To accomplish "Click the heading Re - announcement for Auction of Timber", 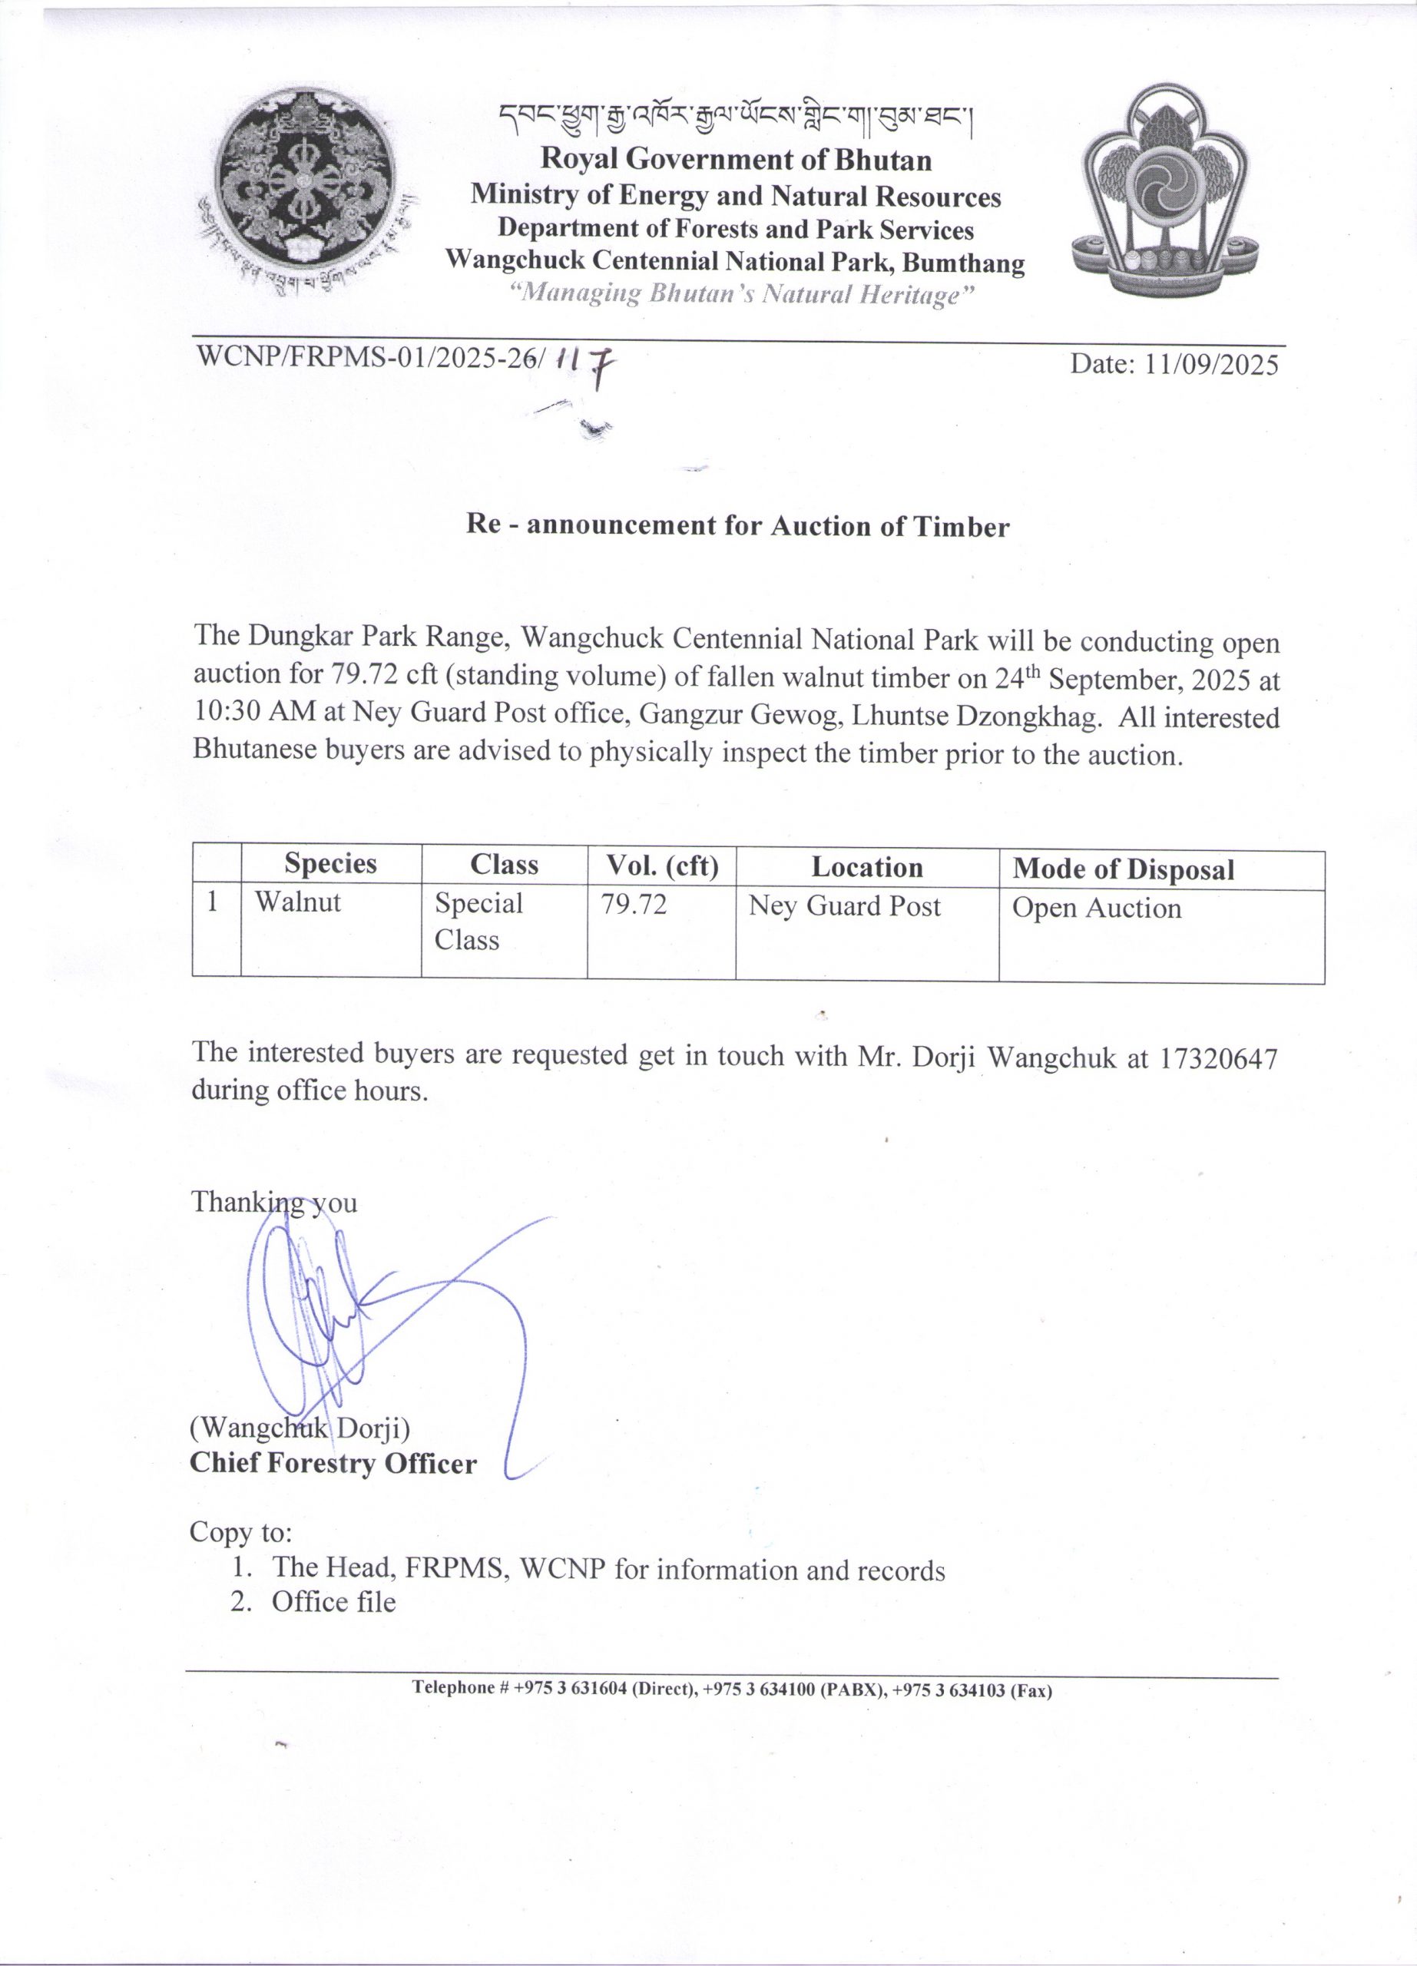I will point(737,526).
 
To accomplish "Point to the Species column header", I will point(330,863).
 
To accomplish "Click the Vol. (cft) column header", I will point(662,865).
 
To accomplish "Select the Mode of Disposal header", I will point(1123,869).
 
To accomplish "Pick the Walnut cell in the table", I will point(297,902).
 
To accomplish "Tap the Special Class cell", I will point(478,921).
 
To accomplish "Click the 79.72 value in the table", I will point(634,904).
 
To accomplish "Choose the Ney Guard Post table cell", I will point(844,906).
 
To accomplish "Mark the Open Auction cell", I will point(1096,908).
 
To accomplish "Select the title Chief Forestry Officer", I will point(333,1463).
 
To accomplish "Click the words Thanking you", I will point(274,1203).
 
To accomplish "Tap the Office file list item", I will point(333,1602).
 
